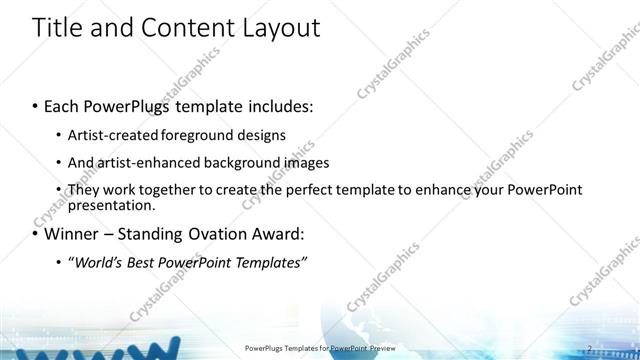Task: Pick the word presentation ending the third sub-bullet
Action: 110,206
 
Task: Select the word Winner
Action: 60,235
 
